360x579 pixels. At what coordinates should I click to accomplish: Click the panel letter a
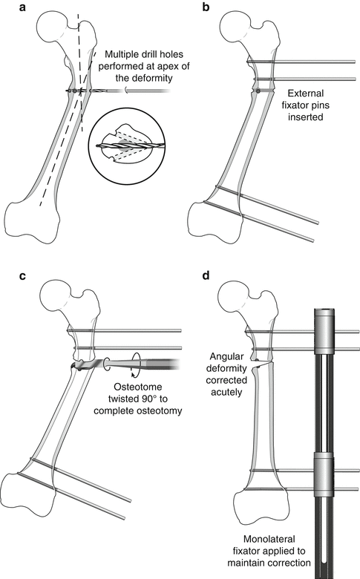(x=22, y=7)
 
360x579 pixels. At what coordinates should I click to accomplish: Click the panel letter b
(x=206, y=7)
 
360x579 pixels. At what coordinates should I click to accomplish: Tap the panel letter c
(x=22, y=275)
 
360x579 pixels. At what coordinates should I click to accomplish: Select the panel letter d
(x=206, y=275)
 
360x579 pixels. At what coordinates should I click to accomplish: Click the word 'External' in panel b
(x=306, y=93)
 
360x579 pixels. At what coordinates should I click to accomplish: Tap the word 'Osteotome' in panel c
(x=138, y=387)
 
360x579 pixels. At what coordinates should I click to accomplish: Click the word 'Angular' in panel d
(x=226, y=357)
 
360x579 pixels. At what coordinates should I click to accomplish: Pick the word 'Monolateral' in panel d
(x=269, y=539)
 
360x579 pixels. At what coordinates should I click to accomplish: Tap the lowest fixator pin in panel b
(x=258, y=221)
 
